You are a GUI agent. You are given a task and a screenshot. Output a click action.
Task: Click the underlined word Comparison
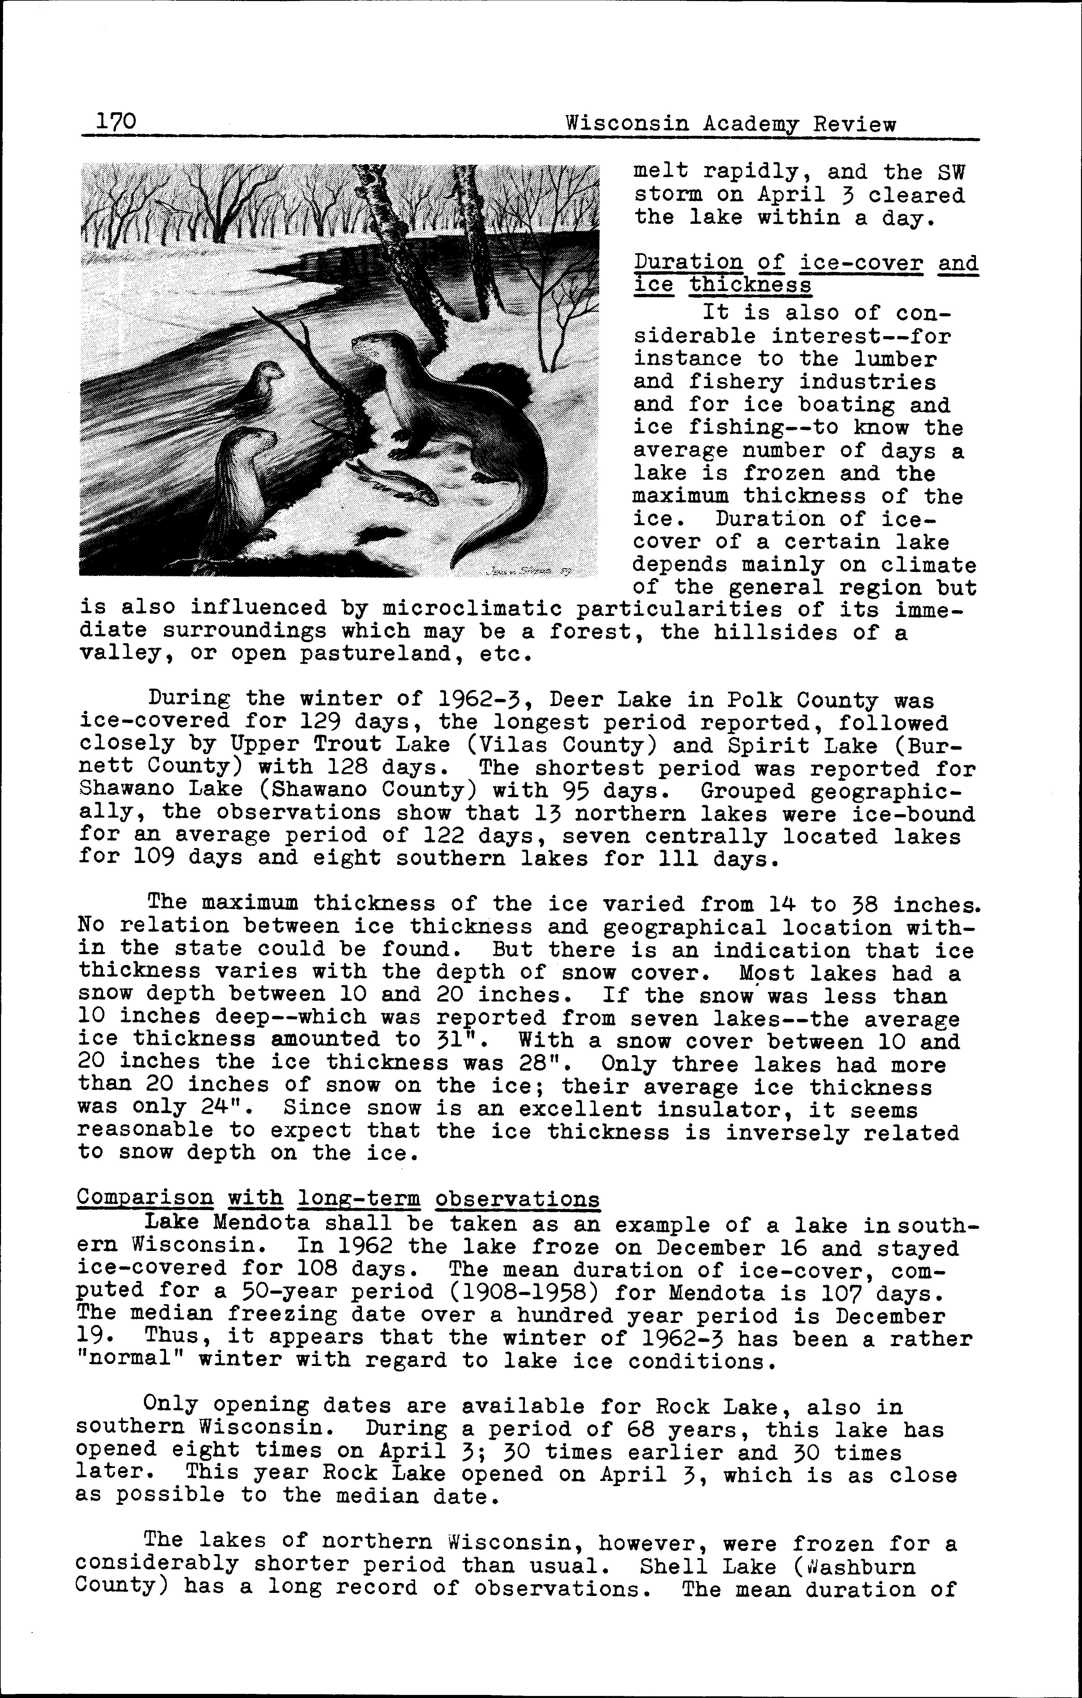(x=145, y=1198)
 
